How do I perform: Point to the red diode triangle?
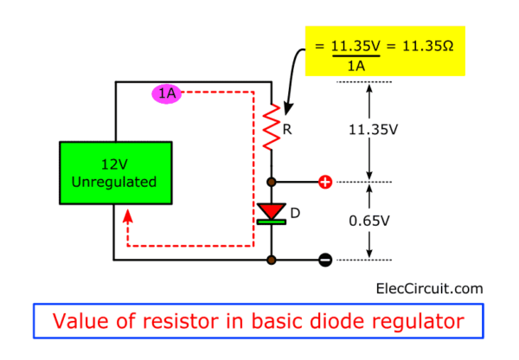pos(272,209)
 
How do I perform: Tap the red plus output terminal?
pos(325,183)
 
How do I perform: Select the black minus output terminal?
pos(325,260)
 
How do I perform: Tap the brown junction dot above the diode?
pos(272,183)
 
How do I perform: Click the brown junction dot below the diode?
pos(272,259)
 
